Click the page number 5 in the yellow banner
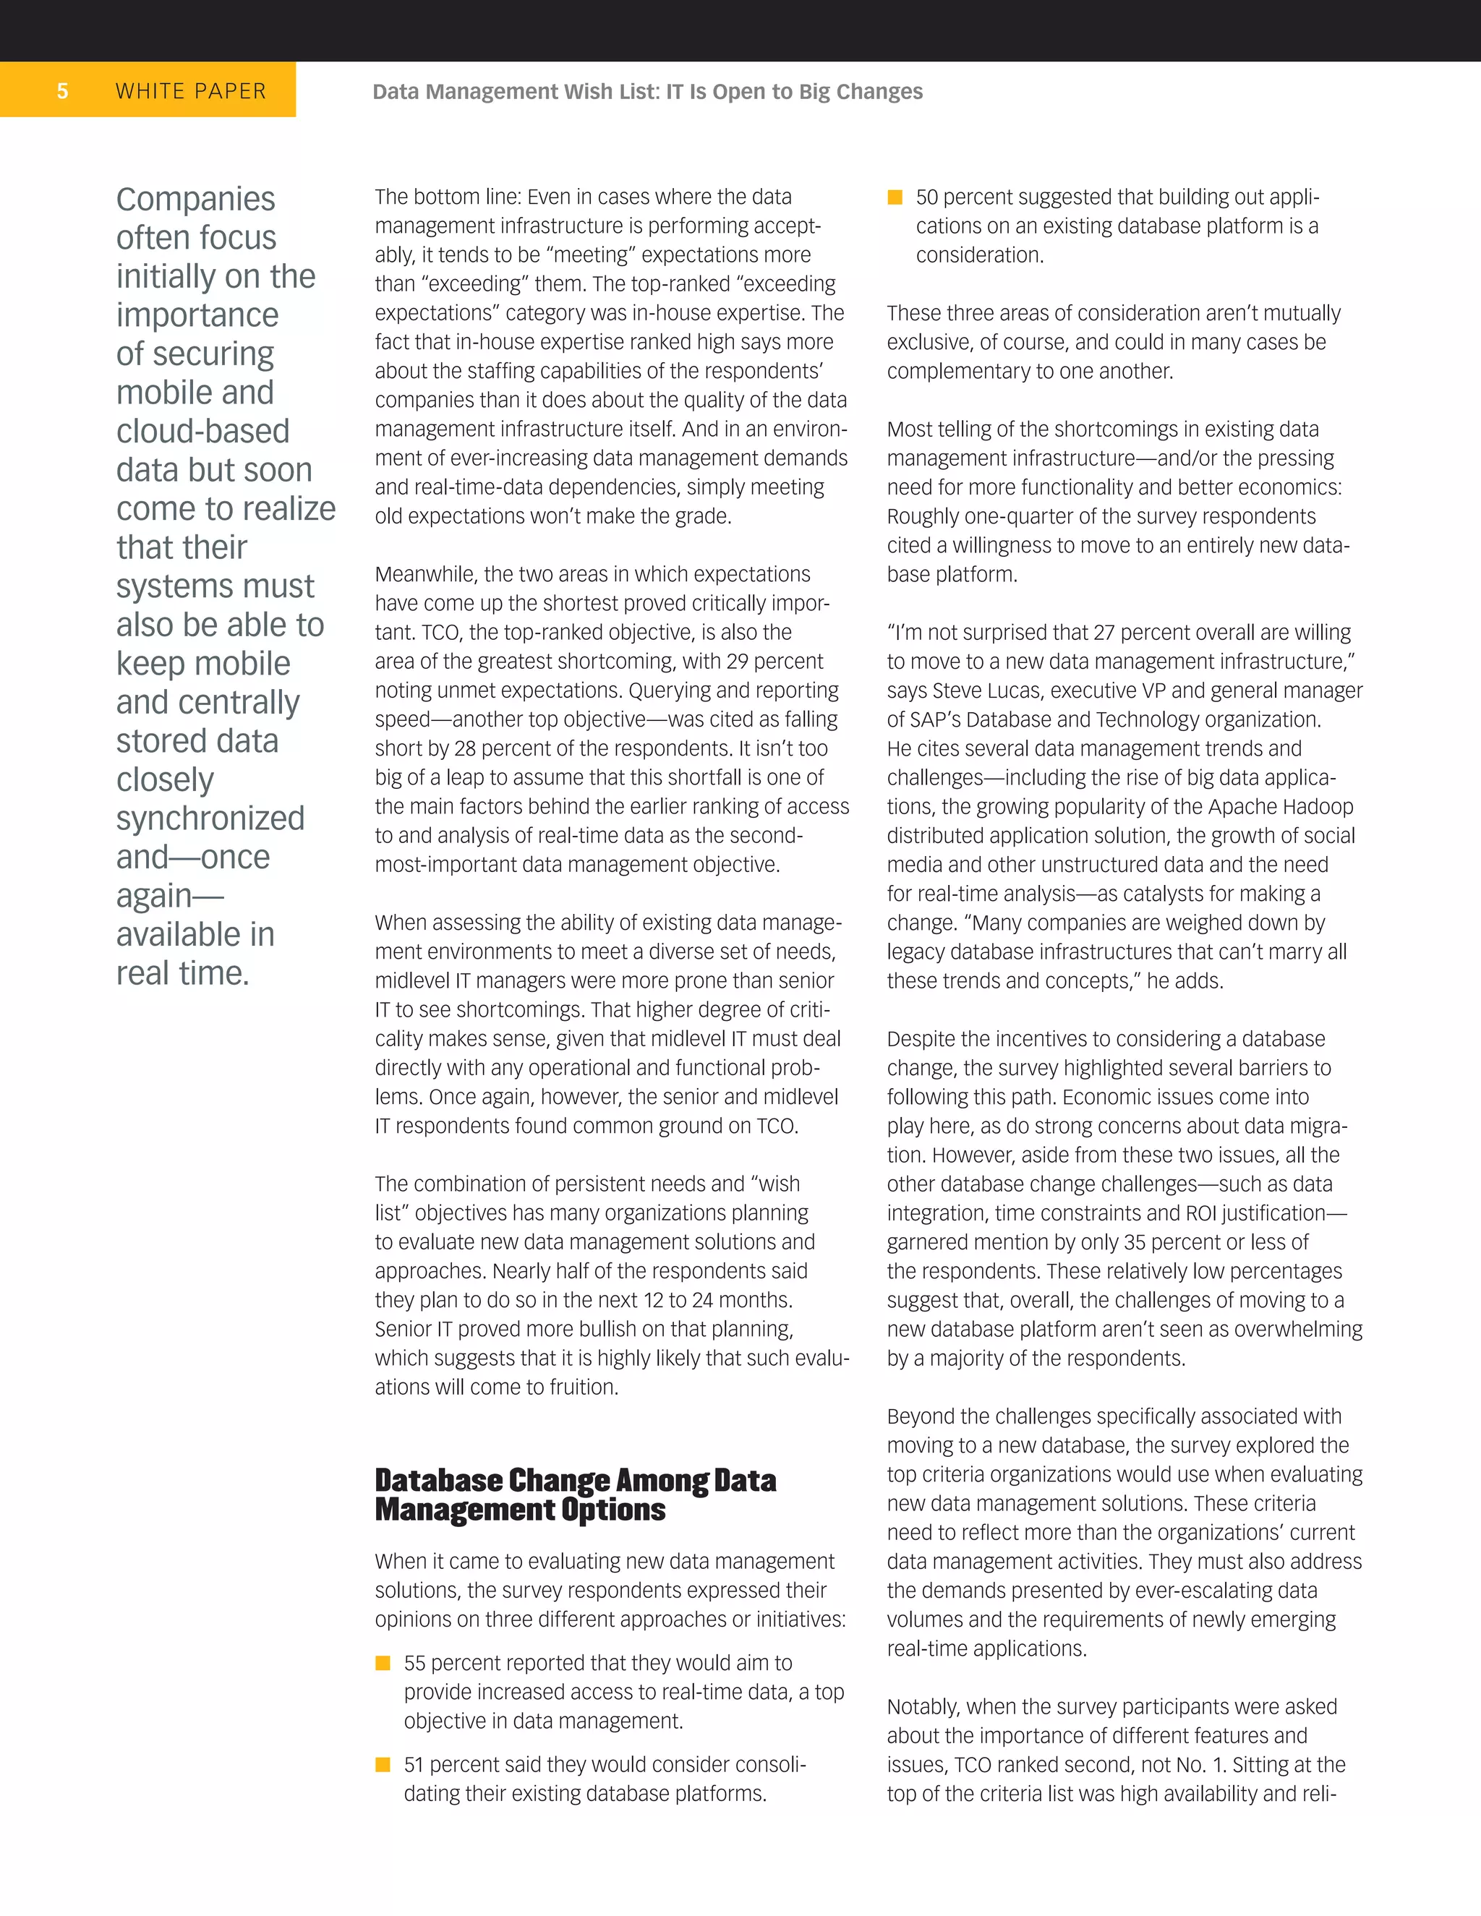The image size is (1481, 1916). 62,91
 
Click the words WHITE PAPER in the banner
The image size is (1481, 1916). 190,91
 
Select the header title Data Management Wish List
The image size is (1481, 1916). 646,91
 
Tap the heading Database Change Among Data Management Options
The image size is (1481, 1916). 575,1495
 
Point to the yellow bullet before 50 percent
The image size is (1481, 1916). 895,197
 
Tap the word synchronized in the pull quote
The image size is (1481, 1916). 210,818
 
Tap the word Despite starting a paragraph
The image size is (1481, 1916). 921,1039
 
